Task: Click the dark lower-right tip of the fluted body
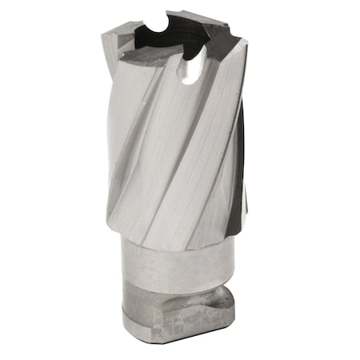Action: (232, 228)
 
